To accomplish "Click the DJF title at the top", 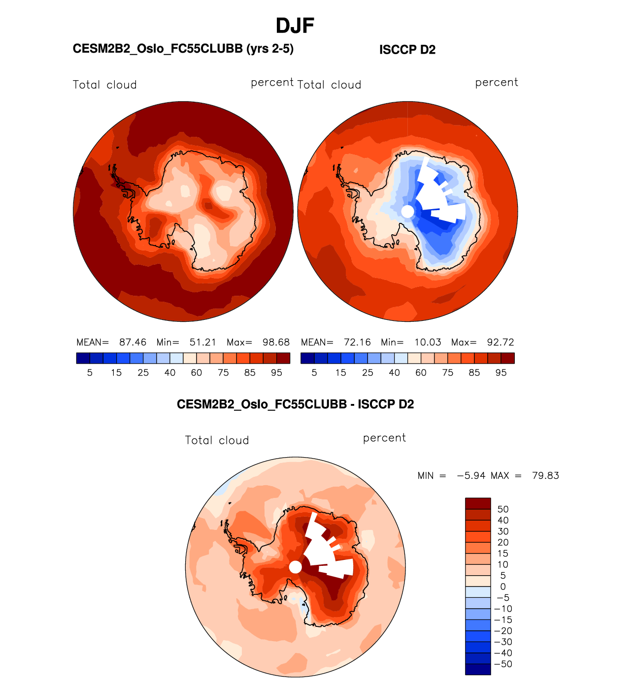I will click(x=295, y=26).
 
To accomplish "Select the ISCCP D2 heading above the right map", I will click(x=407, y=50).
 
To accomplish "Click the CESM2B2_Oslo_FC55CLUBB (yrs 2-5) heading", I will click(x=183, y=49).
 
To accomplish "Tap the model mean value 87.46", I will click(x=133, y=342).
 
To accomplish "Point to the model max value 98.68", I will click(x=276, y=342).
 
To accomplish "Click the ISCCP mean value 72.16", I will click(x=357, y=342).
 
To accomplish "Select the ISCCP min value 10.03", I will click(x=428, y=342).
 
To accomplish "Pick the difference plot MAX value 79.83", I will click(x=545, y=475).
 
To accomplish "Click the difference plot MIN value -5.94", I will click(x=471, y=475).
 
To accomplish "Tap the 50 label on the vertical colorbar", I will click(x=503, y=509).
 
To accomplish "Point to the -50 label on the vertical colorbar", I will click(x=503, y=664).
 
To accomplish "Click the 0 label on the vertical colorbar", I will click(x=503, y=587).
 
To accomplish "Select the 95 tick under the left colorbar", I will click(x=276, y=372).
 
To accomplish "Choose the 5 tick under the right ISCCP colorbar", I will click(x=314, y=372).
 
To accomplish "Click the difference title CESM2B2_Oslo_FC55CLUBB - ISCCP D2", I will click(x=295, y=404).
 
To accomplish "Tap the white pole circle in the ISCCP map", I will click(x=407, y=212).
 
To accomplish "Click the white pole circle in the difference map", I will click(x=295, y=567).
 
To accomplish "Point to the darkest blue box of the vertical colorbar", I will click(x=478, y=669).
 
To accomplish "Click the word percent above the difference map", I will click(x=384, y=438).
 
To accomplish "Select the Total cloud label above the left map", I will click(x=104, y=85).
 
